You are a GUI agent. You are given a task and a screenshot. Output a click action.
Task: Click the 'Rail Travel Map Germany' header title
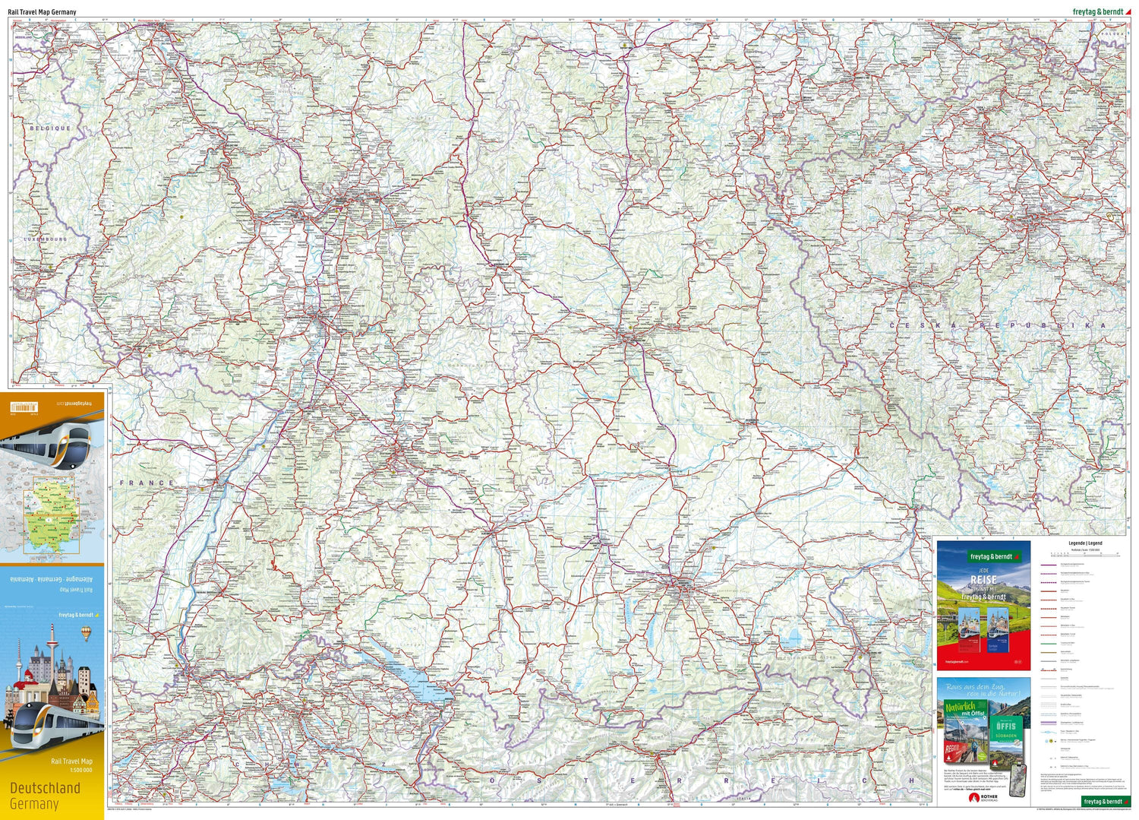click(x=42, y=12)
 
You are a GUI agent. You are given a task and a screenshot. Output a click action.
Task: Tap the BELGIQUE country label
click(x=50, y=128)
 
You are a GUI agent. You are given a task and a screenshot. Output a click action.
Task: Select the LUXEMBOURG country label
click(x=45, y=239)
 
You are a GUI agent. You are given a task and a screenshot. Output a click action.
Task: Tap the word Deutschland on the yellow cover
click(x=45, y=787)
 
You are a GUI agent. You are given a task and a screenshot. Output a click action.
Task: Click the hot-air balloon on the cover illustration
click(x=86, y=632)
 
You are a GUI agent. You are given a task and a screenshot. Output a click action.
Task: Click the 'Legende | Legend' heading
click(x=1084, y=543)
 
